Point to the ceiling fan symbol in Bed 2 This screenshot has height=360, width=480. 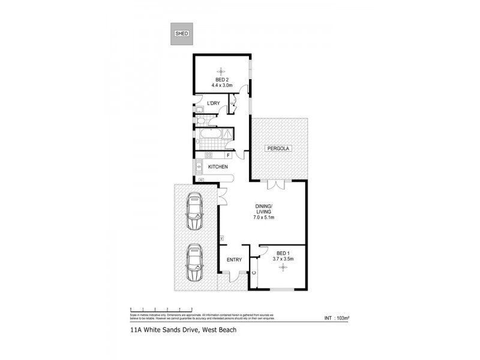221,68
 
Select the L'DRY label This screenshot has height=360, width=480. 213,104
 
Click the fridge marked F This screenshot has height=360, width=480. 228,155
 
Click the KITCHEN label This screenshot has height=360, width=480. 218,167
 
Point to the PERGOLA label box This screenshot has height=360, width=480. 279,148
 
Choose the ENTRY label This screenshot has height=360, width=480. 234,260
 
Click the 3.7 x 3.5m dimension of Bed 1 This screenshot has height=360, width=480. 283,259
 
